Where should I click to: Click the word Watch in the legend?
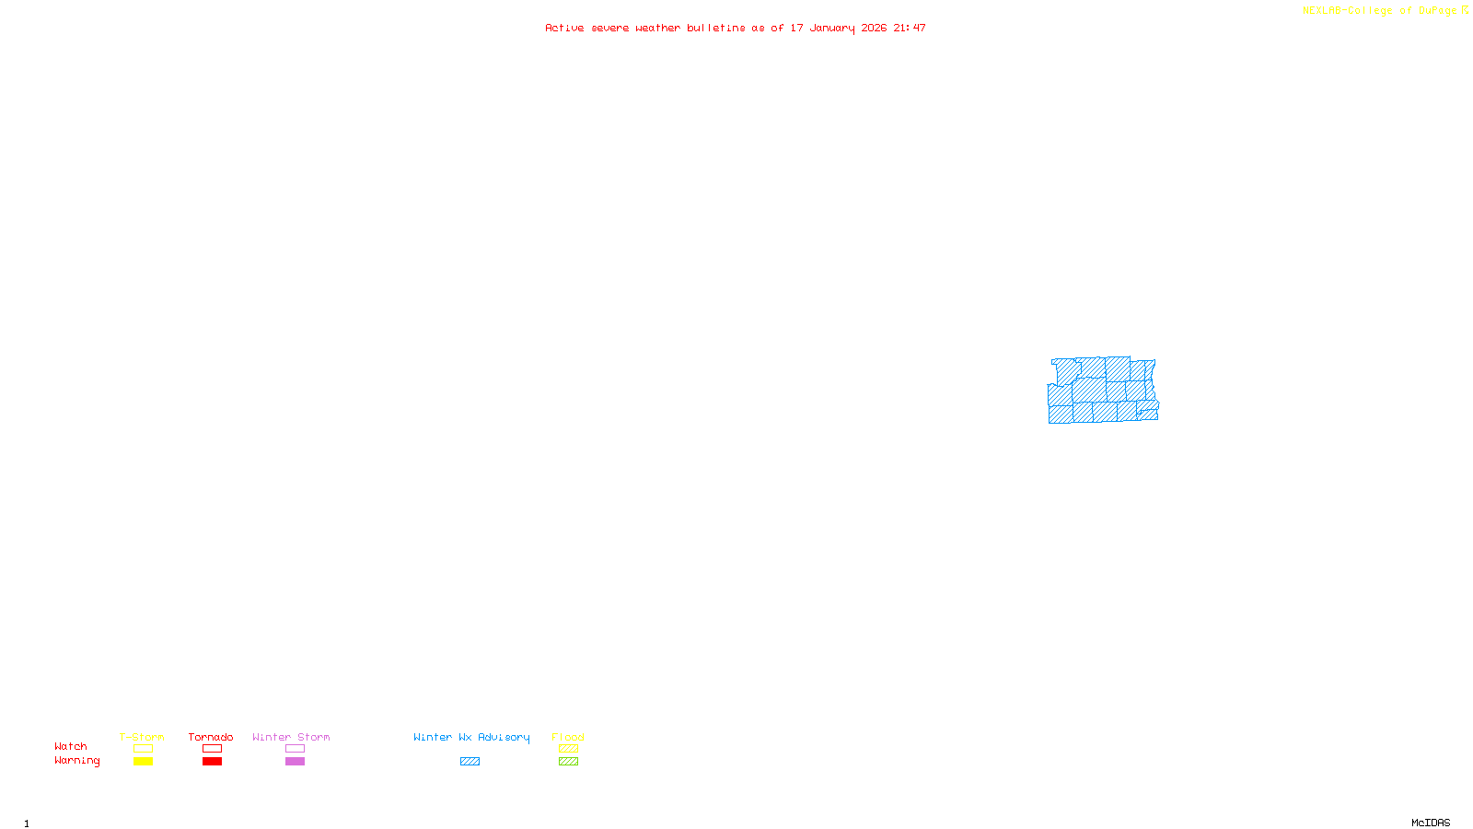pyautogui.click(x=71, y=746)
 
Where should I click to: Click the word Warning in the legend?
pyautogui.click(x=76, y=761)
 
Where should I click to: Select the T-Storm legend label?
pyautogui.click(x=142, y=737)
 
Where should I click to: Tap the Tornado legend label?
pyautogui.click(x=211, y=737)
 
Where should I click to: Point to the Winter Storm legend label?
pyautogui.click(x=291, y=737)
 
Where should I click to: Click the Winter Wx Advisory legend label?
pyautogui.click(x=471, y=737)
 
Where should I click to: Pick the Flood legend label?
pyautogui.click(x=568, y=737)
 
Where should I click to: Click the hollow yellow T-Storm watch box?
pyautogui.click(x=143, y=749)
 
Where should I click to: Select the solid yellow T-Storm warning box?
pyautogui.click(x=143, y=762)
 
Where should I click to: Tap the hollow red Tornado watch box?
pyautogui.click(x=212, y=749)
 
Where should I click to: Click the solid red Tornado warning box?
pyautogui.click(x=212, y=762)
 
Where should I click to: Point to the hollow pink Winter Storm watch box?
pyautogui.click(x=295, y=749)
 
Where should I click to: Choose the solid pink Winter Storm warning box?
pyautogui.click(x=295, y=762)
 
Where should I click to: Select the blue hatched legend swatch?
pyautogui.click(x=470, y=762)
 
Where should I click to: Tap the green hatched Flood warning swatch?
pyautogui.click(x=568, y=762)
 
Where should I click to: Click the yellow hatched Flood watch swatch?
pyautogui.click(x=568, y=749)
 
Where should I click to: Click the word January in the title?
pyautogui.click(x=832, y=28)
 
